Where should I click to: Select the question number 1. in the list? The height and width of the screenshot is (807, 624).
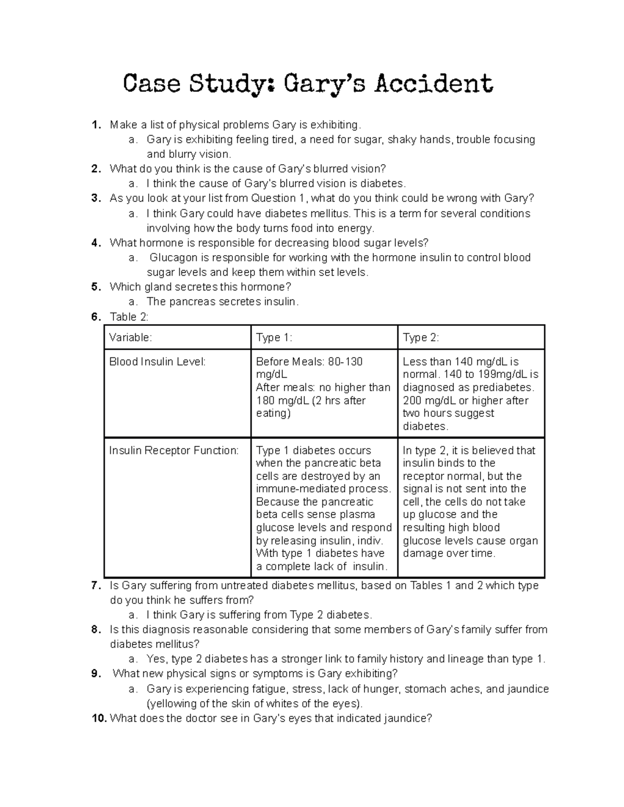click(x=95, y=125)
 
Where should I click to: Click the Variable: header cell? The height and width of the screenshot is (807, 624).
click(x=131, y=338)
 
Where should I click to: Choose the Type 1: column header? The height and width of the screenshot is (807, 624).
click(x=274, y=338)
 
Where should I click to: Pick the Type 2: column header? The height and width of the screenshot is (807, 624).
click(x=421, y=338)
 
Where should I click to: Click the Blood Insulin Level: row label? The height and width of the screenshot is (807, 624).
click(x=157, y=362)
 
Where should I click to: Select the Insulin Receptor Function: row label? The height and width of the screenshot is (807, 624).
click(x=174, y=451)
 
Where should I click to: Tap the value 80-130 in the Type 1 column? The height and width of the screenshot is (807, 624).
click(x=345, y=362)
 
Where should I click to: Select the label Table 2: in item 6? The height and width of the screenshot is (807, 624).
click(x=129, y=317)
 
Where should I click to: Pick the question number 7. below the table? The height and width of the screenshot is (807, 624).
click(x=95, y=586)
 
